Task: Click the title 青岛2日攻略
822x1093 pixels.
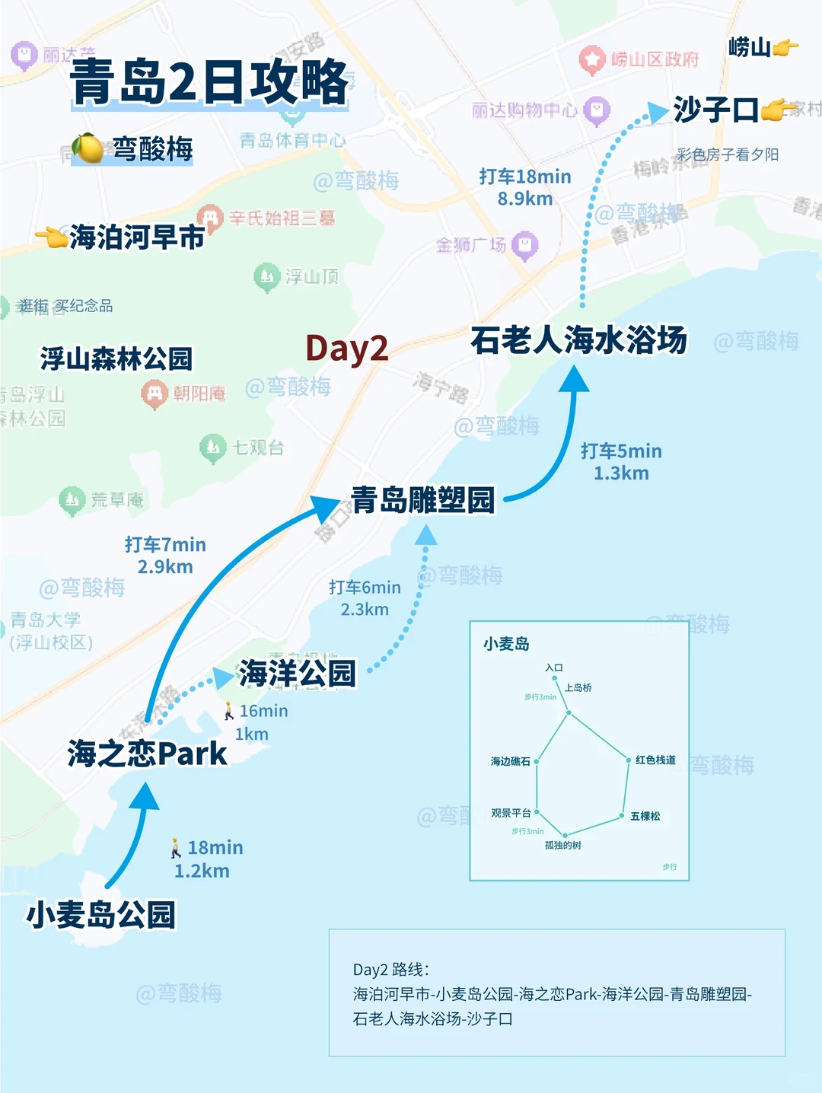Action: (x=209, y=81)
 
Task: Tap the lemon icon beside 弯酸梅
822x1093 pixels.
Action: (x=88, y=148)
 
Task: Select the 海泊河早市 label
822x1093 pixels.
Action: (x=136, y=237)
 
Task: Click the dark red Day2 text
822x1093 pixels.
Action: (x=346, y=348)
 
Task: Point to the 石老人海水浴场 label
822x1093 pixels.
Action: (x=578, y=340)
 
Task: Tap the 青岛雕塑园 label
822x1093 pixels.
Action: (x=422, y=500)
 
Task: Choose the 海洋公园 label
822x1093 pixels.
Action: (x=298, y=673)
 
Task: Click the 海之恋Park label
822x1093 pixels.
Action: (x=147, y=754)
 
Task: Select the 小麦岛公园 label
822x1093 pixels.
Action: (x=100, y=914)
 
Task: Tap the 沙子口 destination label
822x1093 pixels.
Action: (x=715, y=110)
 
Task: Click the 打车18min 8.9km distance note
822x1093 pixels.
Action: (x=525, y=187)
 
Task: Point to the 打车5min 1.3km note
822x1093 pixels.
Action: (x=621, y=461)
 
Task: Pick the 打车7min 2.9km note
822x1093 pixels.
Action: (x=165, y=555)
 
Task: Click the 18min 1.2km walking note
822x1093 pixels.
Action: (x=202, y=859)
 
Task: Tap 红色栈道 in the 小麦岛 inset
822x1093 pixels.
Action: (x=655, y=760)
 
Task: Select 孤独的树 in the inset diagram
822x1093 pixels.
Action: (x=563, y=845)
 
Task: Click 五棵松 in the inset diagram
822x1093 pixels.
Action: (x=645, y=816)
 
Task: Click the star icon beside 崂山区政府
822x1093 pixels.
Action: (x=591, y=59)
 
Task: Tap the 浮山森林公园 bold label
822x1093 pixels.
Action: (x=116, y=358)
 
